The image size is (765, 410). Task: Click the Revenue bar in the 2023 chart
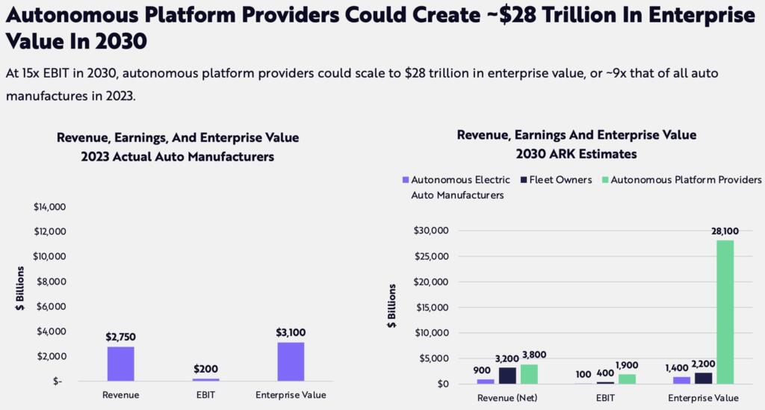(120, 364)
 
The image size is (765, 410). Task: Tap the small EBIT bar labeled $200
(205, 379)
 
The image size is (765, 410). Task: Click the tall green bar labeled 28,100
(725, 311)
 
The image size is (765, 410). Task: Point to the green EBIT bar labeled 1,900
(628, 379)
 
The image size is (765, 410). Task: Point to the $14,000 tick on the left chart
(49, 207)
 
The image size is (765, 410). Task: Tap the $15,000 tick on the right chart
(432, 307)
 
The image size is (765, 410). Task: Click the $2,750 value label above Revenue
(120, 337)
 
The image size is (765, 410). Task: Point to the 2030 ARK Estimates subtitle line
(576, 153)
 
